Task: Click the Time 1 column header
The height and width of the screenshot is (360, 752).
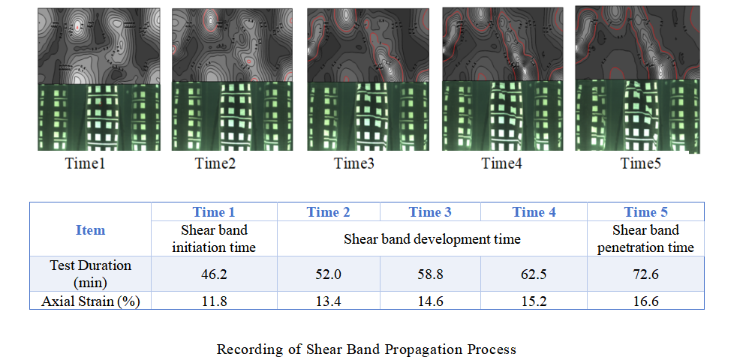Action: click(214, 212)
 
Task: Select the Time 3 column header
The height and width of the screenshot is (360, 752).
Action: click(430, 212)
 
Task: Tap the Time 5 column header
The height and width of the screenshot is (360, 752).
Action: click(645, 212)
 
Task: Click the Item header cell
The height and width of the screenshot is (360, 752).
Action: click(91, 229)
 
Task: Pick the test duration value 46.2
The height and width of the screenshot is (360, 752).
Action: click(214, 274)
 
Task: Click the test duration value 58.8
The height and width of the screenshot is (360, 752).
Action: click(430, 274)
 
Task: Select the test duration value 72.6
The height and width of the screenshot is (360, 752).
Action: click(645, 274)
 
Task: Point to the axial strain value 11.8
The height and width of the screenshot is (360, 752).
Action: click(214, 301)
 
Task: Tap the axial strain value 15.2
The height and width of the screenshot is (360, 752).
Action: click(534, 301)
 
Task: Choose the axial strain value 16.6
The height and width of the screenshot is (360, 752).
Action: click(645, 301)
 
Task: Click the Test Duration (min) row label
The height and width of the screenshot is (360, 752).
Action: click(91, 274)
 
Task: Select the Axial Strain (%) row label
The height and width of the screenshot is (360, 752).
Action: click(91, 301)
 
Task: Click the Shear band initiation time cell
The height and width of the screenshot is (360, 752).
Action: click(214, 238)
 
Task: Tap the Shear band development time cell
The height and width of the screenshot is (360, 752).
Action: click(432, 239)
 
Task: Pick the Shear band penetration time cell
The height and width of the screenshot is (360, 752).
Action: click(645, 238)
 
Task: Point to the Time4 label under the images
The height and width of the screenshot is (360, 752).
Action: click(501, 163)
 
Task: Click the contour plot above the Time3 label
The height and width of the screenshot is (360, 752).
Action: click(368, 45)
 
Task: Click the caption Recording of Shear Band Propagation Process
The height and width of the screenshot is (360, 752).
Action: click(366, 349)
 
